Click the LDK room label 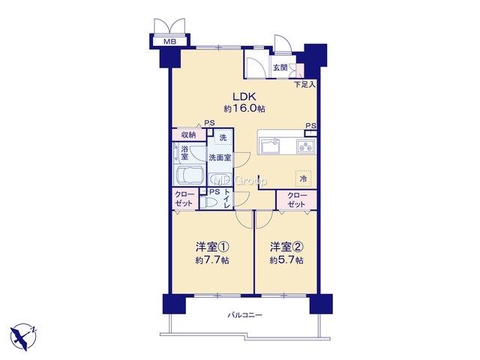pos(244,97)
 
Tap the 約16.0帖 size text pos(244,109)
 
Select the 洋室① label pos(212,247)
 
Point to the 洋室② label pos(286,247)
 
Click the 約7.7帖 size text pos(212,260)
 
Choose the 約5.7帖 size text pos(286,260)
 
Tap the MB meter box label pos(169,42)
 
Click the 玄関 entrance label pos(280,67)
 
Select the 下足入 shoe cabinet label pos(304,85)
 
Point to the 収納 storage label pos(189,134)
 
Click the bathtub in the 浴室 pos(190,175)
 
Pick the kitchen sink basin pos(270,145)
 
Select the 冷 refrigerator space pos(303,178)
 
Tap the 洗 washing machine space pos(223,138)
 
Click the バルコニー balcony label pos(244,315)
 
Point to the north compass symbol pos(23,337)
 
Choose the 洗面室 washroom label pos(220,158)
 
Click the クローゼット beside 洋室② pos(296,199)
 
